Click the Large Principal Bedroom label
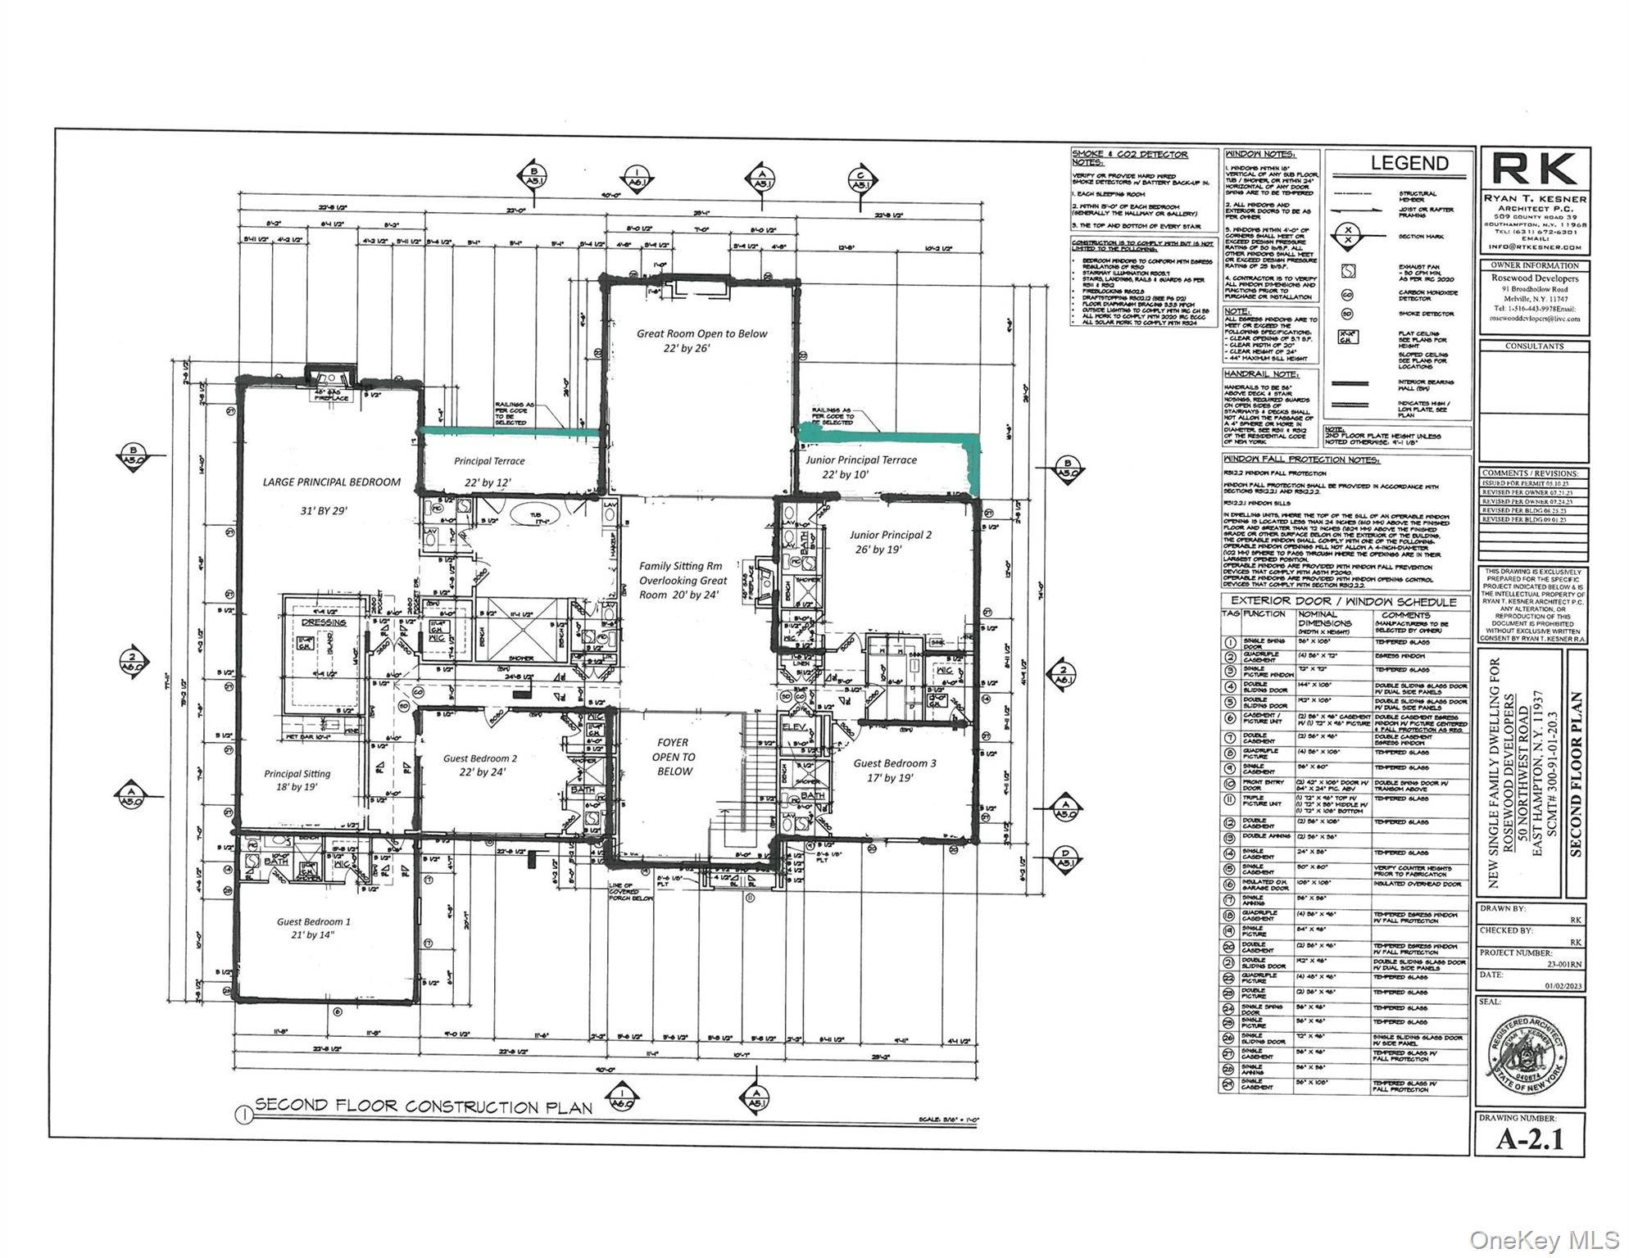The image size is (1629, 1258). [x=331, y=482]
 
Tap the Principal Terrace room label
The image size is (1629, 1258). [x=489, y=462]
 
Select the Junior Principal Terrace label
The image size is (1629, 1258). [x=860, y=460]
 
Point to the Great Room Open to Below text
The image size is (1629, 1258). [x=702, y=334]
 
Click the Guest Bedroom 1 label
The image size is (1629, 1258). [x=313, y=922]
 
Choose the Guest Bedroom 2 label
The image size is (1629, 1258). [x=480, y=759]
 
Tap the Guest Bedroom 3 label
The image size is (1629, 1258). [x=894, y=763]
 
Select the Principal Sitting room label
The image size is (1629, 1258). [x=297, y=774]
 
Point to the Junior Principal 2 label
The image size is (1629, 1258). [x=890, y=536]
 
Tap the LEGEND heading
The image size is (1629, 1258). [x=1409, y=163]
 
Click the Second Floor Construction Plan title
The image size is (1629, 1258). [x=423, y=1106]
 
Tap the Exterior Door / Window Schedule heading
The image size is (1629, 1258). [x=1344, y=602]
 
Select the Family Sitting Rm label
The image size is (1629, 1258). [x=681, y=567]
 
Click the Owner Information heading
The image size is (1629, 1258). [x=1534, y=265]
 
